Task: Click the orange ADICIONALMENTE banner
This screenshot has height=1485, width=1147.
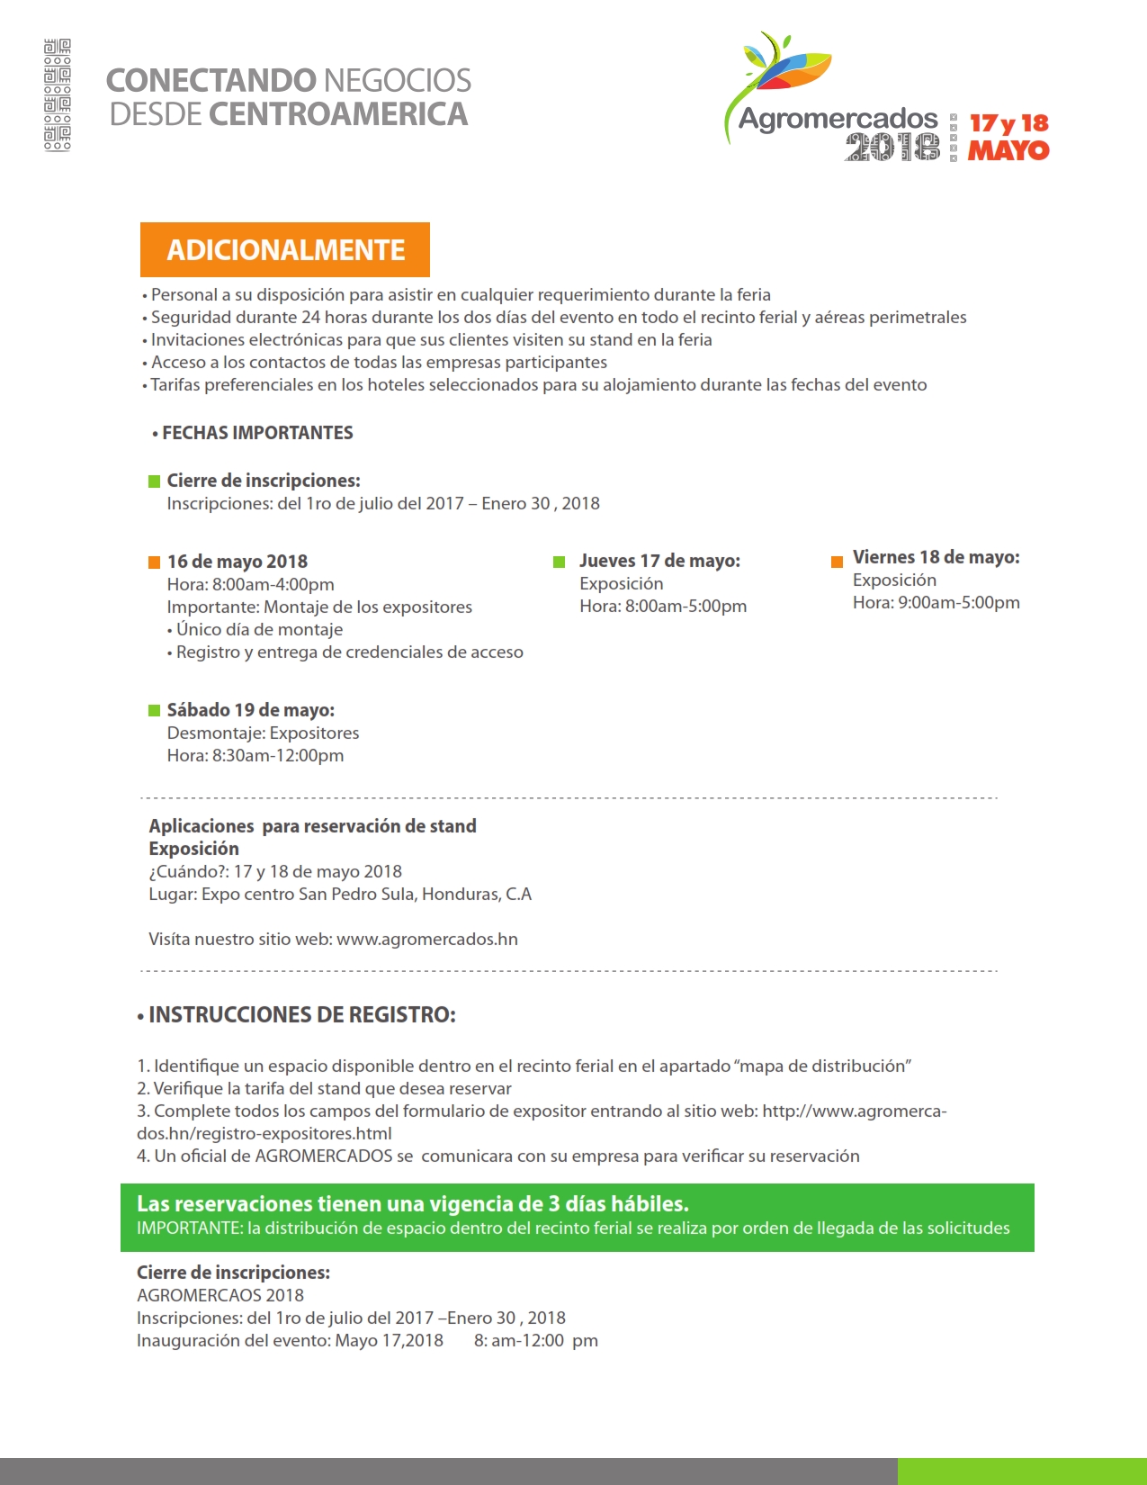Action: [285, 249]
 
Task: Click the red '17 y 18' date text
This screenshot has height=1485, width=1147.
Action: [1008, 123]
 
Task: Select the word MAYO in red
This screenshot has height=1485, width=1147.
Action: [1008, 150]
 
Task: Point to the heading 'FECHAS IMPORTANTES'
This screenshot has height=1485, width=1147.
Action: [257, 433]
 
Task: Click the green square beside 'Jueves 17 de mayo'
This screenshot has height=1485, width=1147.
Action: [559, 562]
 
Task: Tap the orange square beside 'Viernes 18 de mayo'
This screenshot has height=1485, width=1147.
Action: [837, 562]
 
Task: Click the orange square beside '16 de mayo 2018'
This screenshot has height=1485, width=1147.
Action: [154, 562]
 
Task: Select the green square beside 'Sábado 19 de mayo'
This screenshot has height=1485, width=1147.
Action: [154, 711]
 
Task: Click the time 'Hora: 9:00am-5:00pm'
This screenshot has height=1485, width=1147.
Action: [936, 603]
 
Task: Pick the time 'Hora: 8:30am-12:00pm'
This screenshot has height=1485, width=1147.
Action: [255, 756]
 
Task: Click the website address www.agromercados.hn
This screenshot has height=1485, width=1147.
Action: [427, 940]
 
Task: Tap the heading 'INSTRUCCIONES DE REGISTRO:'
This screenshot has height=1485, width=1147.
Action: [301, 1015]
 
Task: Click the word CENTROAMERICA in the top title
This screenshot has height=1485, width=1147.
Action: [338, 114]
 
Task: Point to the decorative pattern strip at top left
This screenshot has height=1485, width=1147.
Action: [58, 94]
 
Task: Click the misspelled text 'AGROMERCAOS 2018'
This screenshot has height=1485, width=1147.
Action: [220, 1295]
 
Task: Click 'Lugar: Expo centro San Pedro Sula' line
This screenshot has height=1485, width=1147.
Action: [340, 895]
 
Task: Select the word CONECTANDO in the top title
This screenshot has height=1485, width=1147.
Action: [211, 80]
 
